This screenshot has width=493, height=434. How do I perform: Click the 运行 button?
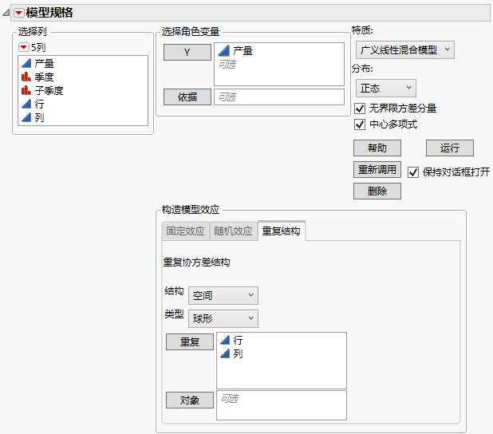click(450, 148)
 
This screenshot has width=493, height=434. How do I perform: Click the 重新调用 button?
click(377, 169)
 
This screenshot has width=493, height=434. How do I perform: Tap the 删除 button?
click(377, 191)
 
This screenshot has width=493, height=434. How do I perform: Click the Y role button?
click(187, 52)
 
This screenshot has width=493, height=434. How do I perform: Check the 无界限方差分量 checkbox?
click(360, 108)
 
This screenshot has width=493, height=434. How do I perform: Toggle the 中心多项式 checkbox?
click(360, 124)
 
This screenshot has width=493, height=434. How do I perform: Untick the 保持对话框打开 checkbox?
click(413, 172)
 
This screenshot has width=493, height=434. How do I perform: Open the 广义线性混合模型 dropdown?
click(405, 49)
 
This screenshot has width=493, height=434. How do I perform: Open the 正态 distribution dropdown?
click(386, 88)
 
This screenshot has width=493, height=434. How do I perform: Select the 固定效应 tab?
click(186, 231)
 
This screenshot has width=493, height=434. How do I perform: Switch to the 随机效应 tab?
click(233, 231)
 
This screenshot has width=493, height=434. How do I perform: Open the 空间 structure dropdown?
click(223, 295)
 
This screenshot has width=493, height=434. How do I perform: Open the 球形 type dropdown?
click(223, 318)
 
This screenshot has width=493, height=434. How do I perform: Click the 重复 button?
click(190, 341)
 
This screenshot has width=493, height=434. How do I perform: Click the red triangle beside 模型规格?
click(19, 13)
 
